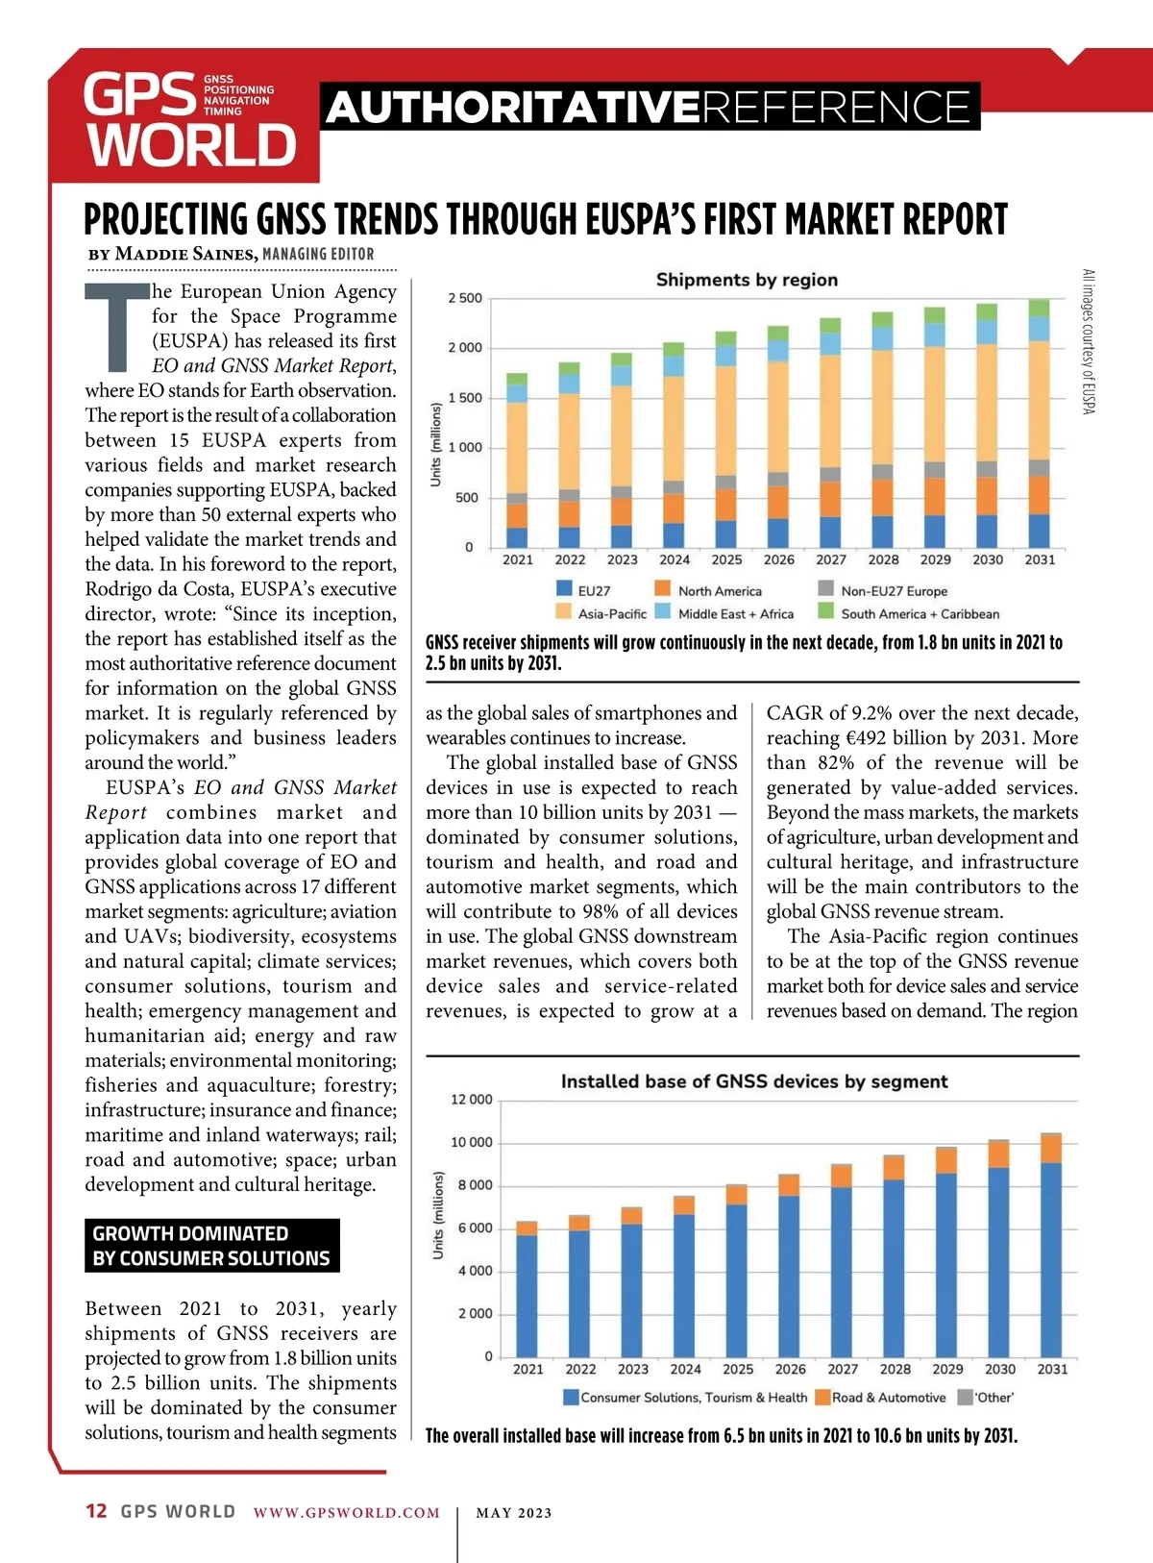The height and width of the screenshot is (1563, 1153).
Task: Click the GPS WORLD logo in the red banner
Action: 189,121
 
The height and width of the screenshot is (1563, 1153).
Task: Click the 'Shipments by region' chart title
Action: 747,280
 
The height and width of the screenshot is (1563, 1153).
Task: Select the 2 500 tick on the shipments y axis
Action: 465,298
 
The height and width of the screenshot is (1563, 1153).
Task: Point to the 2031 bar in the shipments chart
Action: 1039,423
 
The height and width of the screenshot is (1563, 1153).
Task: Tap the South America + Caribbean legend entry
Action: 909,613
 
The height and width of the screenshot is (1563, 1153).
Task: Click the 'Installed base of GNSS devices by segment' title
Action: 754,1081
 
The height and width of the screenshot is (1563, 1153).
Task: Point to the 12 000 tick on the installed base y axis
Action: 471,1100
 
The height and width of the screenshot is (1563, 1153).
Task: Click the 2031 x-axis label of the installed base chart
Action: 1052,1369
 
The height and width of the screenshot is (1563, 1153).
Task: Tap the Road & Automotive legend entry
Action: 880,1398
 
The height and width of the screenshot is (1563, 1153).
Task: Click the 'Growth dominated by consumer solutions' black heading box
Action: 211,1246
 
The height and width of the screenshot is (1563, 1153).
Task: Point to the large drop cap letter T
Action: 117,327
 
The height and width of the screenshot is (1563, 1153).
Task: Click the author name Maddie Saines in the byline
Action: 184,254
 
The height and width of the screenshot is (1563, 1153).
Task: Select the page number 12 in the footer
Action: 96,1511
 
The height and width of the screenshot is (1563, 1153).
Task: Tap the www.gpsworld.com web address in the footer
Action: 346,1512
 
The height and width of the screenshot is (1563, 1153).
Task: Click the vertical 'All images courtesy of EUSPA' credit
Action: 1089,341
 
